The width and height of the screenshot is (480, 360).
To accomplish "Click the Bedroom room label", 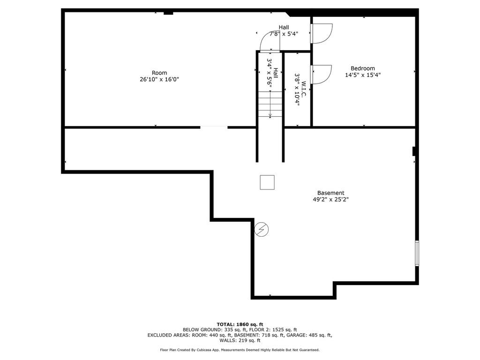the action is [363, 68].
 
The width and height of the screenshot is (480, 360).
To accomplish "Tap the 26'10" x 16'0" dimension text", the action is [159, 79].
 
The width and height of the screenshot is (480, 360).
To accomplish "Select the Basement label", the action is [330, 193].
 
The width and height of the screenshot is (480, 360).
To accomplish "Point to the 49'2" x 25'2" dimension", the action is [330, 199].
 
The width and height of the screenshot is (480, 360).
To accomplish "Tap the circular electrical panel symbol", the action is [262, 229].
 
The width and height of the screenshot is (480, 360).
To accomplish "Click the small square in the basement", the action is [267, 182].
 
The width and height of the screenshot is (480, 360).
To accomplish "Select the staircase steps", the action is [270, 104].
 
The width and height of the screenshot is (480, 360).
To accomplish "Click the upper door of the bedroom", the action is [322, 33].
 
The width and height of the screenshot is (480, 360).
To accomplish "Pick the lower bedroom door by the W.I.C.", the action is [321, 75].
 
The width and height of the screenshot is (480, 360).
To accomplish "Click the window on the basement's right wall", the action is [417, 253].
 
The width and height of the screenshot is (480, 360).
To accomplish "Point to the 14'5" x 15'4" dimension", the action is [363, 75].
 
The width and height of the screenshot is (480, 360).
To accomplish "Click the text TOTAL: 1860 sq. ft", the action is [240, 324].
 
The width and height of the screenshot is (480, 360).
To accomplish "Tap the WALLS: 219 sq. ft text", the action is [240, 340].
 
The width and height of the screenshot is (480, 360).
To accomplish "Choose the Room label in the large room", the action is [159, 73].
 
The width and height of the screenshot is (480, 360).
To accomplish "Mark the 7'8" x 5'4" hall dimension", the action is [284, 34].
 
